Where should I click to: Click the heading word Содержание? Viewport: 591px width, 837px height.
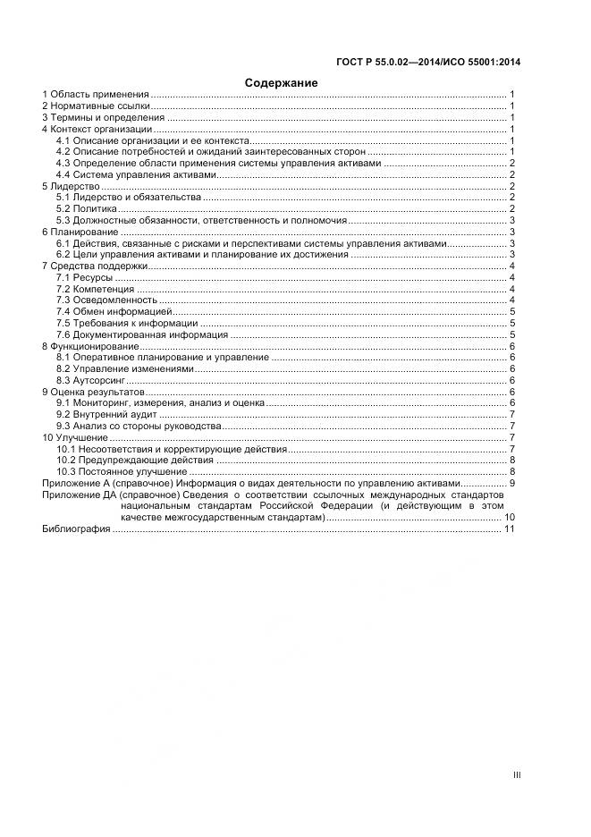[x=281, y=82]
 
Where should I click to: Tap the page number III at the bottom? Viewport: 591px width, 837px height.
[x=516, y=775]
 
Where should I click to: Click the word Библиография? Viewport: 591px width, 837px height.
[x=76, y=529]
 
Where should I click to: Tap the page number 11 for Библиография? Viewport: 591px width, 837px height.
[x=510, y=529]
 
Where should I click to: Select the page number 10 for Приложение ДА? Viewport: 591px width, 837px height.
[x=510, y=517]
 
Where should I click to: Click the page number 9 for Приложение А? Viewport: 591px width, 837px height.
[x=512, y=483]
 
